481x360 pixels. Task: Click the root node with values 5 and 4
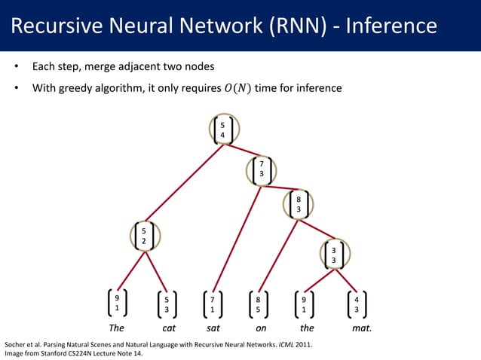[222, 130]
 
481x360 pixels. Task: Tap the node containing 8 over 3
[299, 203]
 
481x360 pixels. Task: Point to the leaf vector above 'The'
[117, 303]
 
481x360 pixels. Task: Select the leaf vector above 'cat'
[167, 304]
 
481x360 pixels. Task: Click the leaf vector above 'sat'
[213, 304]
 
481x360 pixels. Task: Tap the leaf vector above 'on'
[259, 304]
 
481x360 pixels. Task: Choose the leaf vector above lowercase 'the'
[304, 304]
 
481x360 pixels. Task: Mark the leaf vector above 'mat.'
[356, 304]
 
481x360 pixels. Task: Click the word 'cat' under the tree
[170, 329]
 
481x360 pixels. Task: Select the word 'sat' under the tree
[213, 329]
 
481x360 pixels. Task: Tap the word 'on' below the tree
[261, 329]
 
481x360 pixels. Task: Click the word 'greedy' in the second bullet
[78, 89]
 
